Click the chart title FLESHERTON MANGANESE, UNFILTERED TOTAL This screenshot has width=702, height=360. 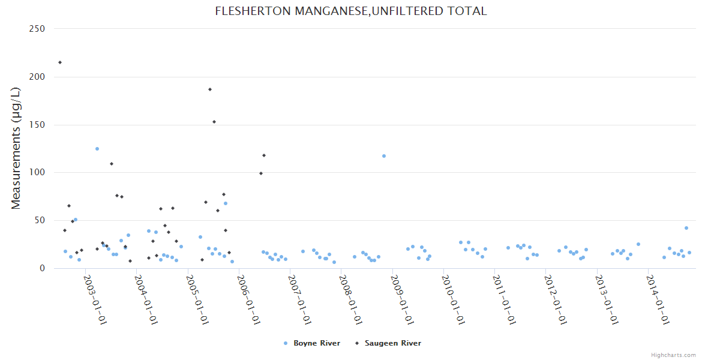(x=351, y=11)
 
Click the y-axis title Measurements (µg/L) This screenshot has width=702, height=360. (x=16, y=148)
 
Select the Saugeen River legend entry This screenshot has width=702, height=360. (x=392, y=343)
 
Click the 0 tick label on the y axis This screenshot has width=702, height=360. (x=42, y=269)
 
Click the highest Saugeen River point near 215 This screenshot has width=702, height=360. (x=59, y=62)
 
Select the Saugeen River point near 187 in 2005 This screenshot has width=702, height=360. (x=210, y=89)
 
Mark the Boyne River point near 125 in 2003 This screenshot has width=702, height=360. (x=97, y=149)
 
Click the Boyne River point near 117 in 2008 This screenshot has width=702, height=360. (x=384, y=156)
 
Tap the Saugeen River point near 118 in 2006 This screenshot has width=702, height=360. (x=264, y=155)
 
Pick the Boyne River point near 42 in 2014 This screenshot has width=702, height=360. (x=686, y=228)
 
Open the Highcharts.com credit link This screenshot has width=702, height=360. (x=673, y=355)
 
